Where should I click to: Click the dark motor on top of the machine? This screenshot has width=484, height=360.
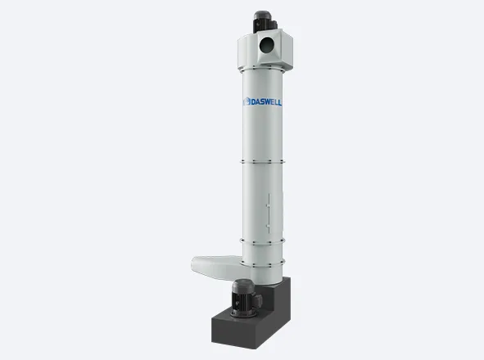tap(265, 21)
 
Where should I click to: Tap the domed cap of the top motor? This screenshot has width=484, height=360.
tap(262, 15)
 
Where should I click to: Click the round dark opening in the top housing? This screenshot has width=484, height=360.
tap(267, 45)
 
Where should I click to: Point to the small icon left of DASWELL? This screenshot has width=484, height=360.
tap(247, 101)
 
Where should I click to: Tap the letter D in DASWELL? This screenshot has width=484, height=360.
tap(253, 101)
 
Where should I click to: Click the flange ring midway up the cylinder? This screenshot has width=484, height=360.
tap(262, 162)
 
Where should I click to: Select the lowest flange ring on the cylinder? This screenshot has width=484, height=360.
tap(262, 263)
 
